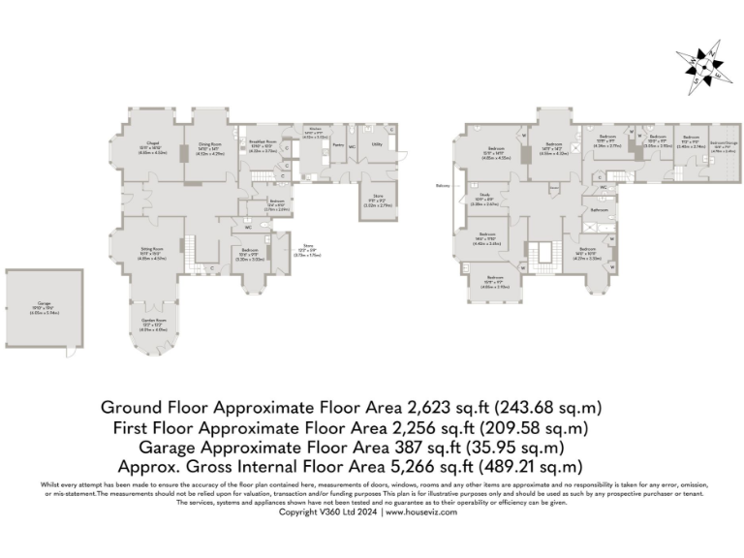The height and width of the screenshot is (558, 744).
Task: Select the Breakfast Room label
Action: coord(263,142)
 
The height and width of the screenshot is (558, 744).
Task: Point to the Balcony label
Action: coord(442,186)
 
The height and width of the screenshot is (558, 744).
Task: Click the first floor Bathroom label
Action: coord(601,209)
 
